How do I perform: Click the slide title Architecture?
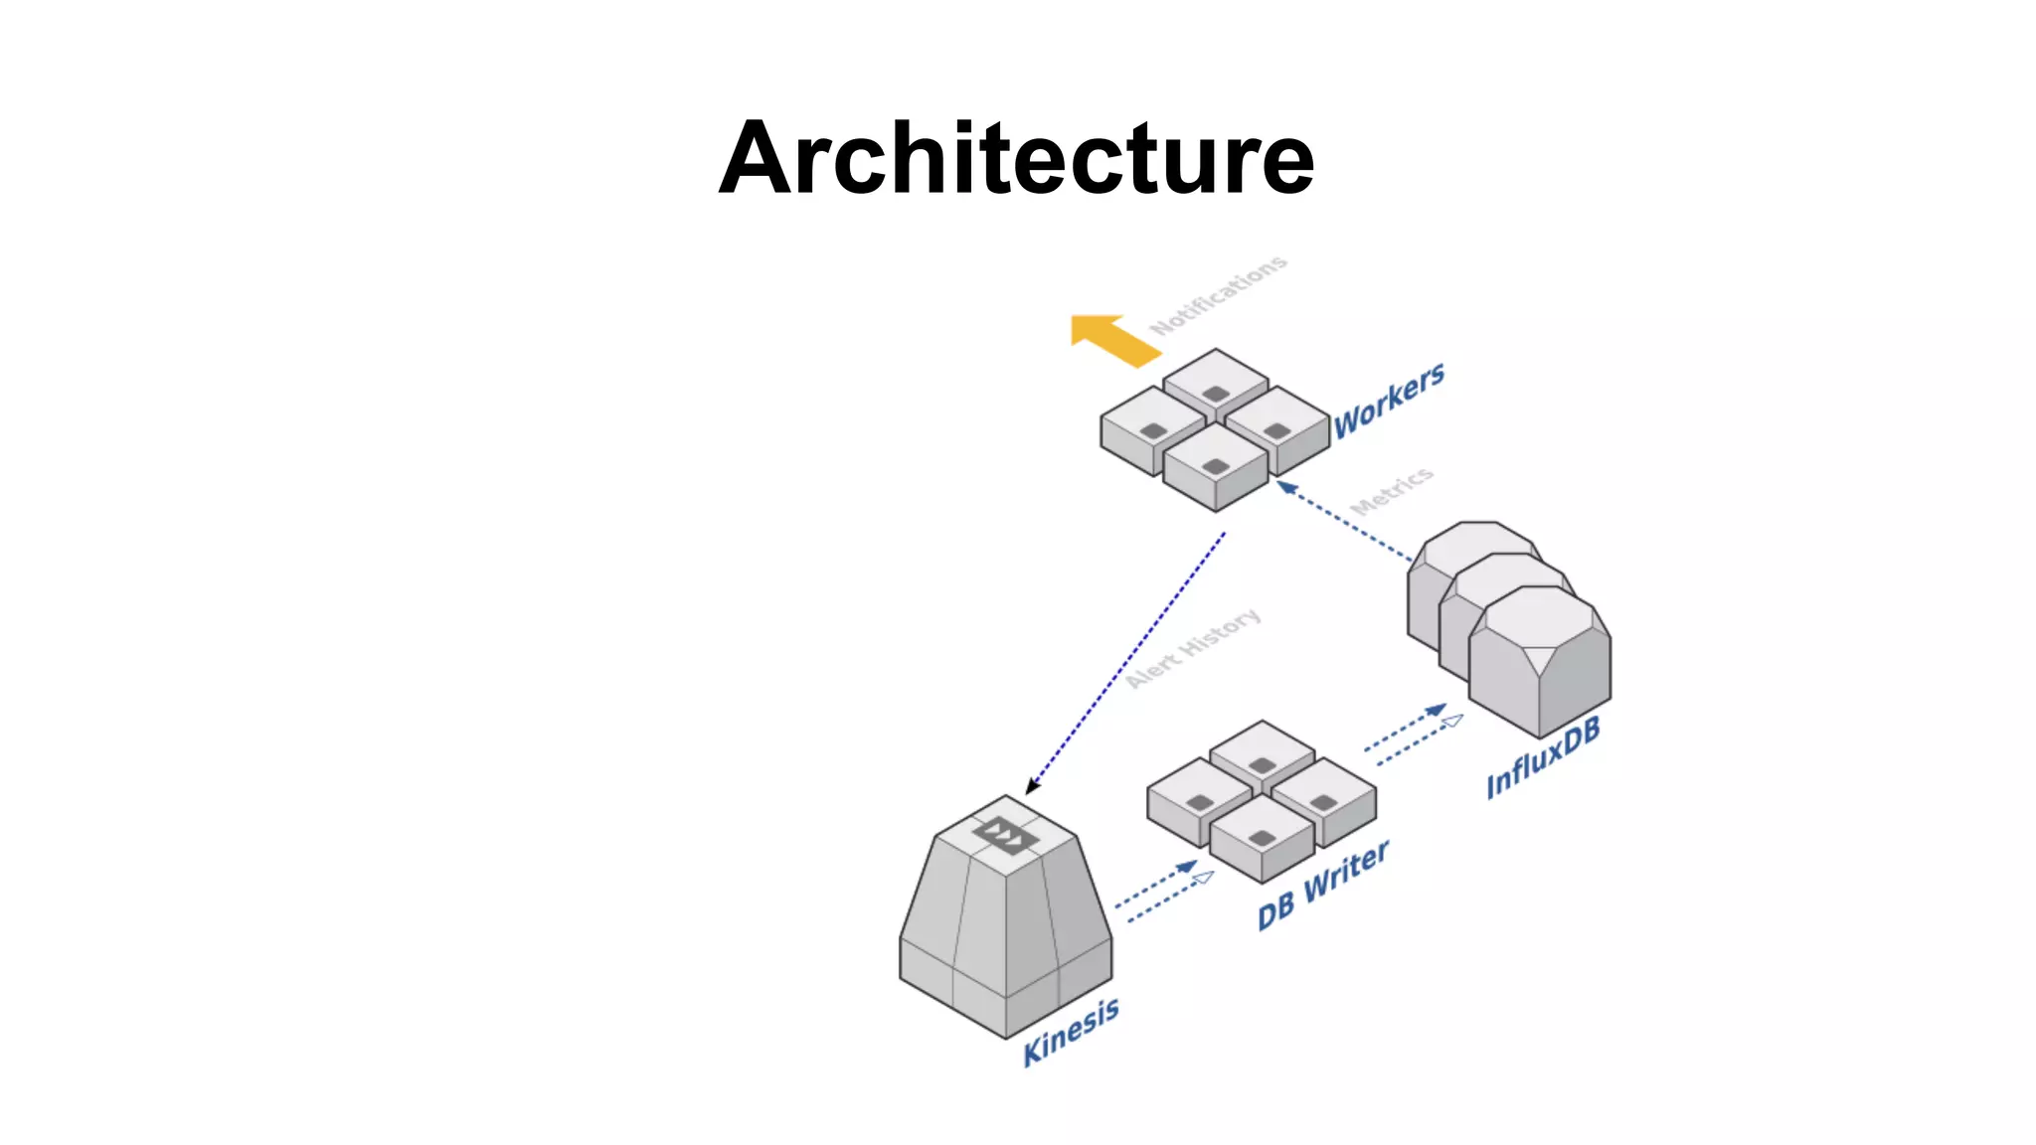coord(1016,159)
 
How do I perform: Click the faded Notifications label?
coord(1218,295)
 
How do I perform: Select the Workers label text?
coord(1389,400)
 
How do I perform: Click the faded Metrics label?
coord(1392,491)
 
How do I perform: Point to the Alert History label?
coord(1194,648)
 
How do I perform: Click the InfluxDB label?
coord(1543,757)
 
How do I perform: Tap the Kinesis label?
coord(1071,1033)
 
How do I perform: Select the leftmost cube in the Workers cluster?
coord(1151,428)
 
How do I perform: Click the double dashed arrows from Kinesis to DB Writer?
coord(1163,891)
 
